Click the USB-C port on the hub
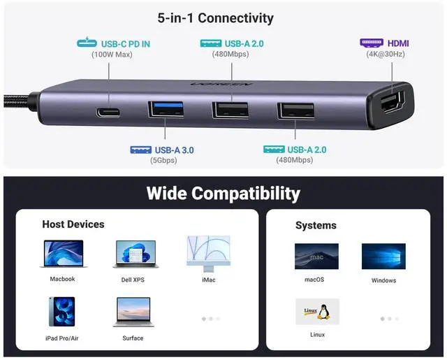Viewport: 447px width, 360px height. coord(108,112)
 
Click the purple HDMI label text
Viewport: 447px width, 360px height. coord(398,43)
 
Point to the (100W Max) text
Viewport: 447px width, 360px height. coord(112,55)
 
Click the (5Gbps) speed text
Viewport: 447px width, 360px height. coord(163,160)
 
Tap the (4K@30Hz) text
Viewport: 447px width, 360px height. coord(385,54)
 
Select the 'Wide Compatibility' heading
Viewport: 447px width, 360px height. coord(223,193)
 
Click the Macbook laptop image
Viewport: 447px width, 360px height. coord(63,254)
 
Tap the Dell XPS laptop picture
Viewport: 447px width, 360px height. coord(135,254)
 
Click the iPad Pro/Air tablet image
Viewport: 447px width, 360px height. coord(61,310)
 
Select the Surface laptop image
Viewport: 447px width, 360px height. coord(133,312)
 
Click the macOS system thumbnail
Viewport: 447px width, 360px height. coord(316,256)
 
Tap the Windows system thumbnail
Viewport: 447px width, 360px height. coord(383,257)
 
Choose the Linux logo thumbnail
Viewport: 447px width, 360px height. coord(317,312)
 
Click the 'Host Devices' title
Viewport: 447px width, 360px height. coord(73,224)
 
